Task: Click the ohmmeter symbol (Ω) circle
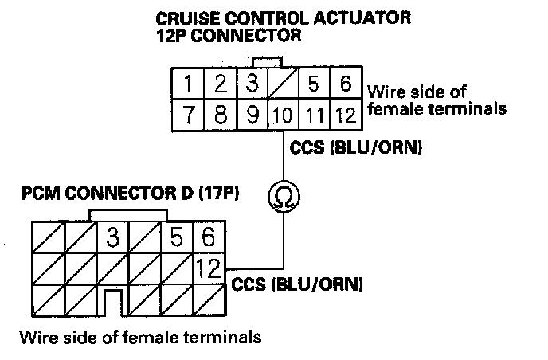coord(281,197)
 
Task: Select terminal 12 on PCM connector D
coord(209,268)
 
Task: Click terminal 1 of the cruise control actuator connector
coord(187,84)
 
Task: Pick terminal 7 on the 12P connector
coord(187,115)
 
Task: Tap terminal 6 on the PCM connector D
coord(209,237)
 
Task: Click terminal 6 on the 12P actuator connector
coord(345,84)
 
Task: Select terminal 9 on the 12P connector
coord(251,115)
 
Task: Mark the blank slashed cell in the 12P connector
coord(282,84)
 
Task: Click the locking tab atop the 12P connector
coord(266,61)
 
